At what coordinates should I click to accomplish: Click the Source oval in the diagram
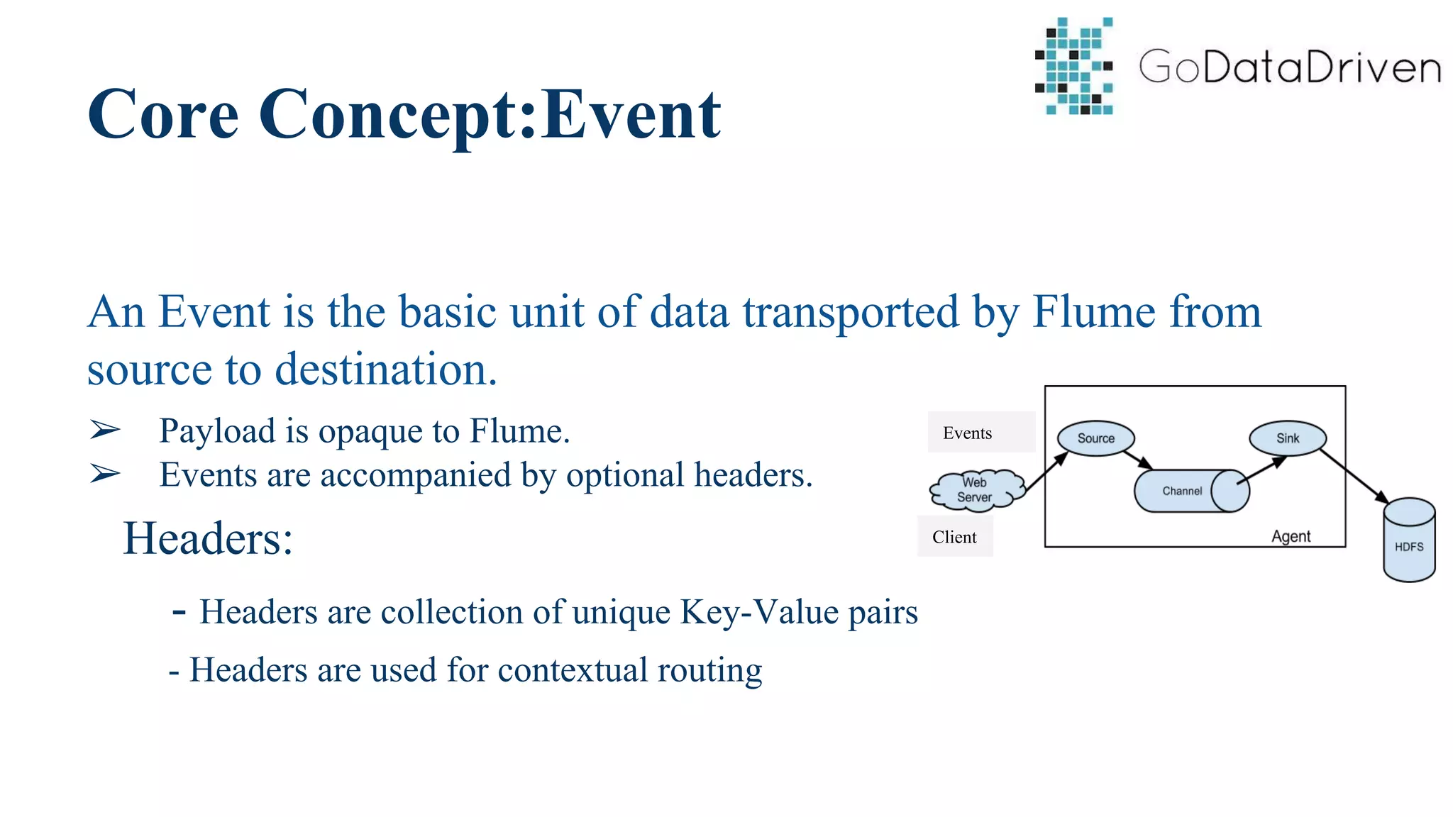click(x=1095, y=438)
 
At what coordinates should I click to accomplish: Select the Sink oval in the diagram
click(x=1287, y=438)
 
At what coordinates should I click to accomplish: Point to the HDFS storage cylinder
click(x=1409, y=543)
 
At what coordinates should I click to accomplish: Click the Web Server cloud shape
click(x=976, y=490)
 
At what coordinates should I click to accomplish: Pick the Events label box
click(x=980, y=432)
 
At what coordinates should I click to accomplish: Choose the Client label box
click(x=954, y=537)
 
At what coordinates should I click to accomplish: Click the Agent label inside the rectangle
click(x=1291, y=536)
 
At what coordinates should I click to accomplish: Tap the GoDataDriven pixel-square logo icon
click(x=1075, y=67)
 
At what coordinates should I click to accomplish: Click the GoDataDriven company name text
click(x=1289, y=67)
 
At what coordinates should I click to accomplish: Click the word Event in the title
click(x=631, y=115)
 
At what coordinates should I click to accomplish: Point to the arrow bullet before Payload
click(x=105, y=430)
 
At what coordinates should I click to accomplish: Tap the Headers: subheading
click(x=207, y=539)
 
